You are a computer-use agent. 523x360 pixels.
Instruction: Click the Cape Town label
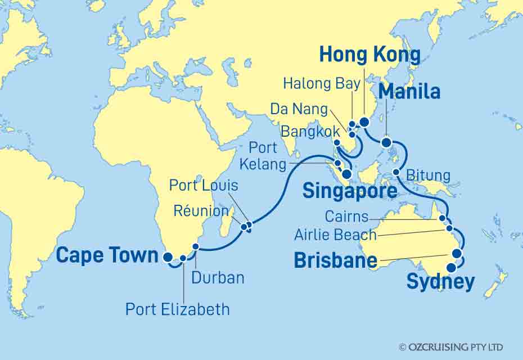tap(107, 256)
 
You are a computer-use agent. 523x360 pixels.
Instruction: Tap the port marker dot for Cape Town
tap(168, 258)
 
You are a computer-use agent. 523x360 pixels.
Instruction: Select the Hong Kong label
tap(369, 55)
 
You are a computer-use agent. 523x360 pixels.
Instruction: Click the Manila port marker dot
tap(386, 143)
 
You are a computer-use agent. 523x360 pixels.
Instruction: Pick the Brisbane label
tap(335, 261)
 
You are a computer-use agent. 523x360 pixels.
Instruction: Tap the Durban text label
tap(218, 277)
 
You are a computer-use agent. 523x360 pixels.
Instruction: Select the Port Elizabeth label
tap(177, 309)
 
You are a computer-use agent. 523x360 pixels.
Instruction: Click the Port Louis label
tap(204, 185)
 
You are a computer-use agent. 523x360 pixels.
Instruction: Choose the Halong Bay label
tap(321, 84)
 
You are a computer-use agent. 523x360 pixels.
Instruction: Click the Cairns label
tap(346, 217)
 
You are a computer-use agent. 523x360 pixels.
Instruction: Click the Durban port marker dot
tap(196, 246)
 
